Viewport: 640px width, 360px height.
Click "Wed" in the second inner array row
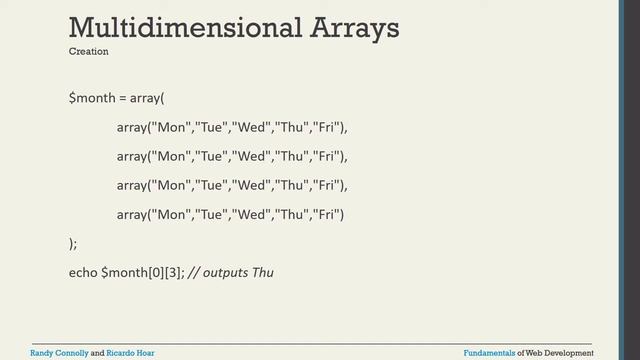coord(254,157)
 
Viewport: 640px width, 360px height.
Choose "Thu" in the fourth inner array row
coord(292,214)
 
